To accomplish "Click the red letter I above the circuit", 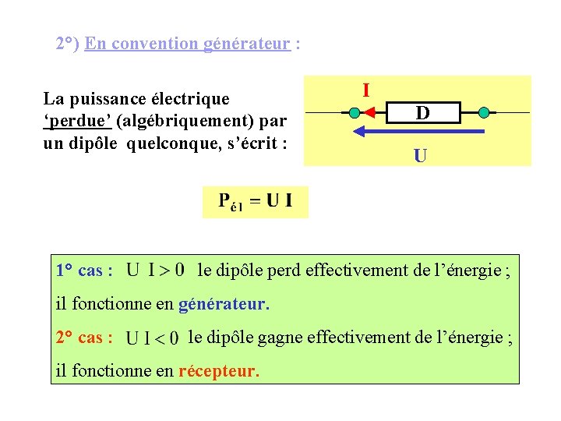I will pyautogui.click(x=365, y=90).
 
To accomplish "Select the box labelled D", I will pyautogui.click(x=422, y=114).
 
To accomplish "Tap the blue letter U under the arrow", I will pyautogui.click(x=419, y=156).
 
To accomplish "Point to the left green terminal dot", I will pyautogui.click(x=355, y=113).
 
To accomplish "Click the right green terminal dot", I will pyautogui.click(x=483, y=113).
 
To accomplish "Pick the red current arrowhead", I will pyautogui.click(x=371, y=113).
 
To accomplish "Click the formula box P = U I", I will pyautogui.click(x=256, y=202).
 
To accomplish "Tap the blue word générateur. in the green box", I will pyautogui.click(x=224, y=304).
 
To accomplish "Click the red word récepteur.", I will pyautogui.click(x=218, y=371).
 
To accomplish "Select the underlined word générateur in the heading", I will pyautogui.click(x=248, y=44).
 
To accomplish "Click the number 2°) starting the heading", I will pyautogui.click(x=68, y=44).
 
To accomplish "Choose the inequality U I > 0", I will pyautogui.click(x=155, y=271).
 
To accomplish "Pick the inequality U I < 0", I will pyautogui.click(x=153, y=338).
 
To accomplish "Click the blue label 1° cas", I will pyautogui.click(x=84, y=271).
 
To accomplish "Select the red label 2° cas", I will pyautogui.click(x=84, y=338).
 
